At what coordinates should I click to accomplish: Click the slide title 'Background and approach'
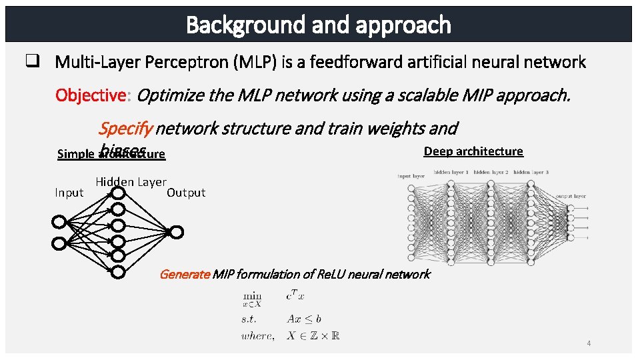click(319, 25)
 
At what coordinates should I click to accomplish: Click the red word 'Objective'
click(91, 95)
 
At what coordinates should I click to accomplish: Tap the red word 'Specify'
click(125, 127)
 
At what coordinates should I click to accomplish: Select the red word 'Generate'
click(185, 274)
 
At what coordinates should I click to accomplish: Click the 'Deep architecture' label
click(473, 151)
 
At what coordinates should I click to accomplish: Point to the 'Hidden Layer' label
click(131, 181)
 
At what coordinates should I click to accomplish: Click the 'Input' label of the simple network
click(69, 193)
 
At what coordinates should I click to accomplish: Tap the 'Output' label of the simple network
click(186, 193)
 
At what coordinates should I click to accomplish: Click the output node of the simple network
click(177, 232)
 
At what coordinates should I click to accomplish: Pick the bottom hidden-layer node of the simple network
click(118, 272)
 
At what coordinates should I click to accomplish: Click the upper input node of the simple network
click(59, 222)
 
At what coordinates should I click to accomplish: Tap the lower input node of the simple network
click(59, 243)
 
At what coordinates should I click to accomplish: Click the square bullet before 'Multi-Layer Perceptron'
click(31, 62)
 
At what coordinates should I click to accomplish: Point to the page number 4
click(589, 343)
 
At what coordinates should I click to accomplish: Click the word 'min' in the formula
click(252, 294)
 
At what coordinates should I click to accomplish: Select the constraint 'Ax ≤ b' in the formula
click(304, 319)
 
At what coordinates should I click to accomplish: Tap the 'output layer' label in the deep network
click(571, 196)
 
